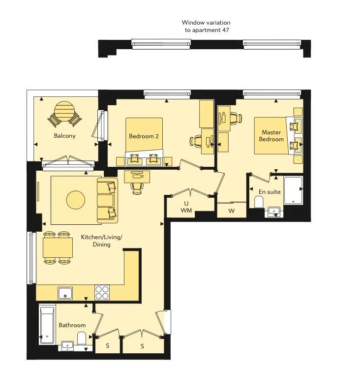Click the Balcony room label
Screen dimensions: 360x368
point(64,136)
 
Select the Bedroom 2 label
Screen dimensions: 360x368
point(144,136)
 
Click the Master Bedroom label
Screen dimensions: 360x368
point(271,136)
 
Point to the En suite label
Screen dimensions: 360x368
point(270,192)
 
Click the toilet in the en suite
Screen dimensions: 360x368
point(259,202)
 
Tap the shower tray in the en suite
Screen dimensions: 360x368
point(293,190)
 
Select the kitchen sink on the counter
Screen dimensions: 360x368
point(65,293)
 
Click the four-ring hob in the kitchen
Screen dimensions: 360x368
point(102,292)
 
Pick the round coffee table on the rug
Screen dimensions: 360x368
point(76,200)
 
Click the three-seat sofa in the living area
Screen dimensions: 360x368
point(108,200)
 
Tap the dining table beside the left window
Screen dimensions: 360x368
point(58,248)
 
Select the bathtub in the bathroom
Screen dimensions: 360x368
point(47,324)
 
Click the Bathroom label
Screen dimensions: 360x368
point(72,325)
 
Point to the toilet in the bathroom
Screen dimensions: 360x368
point(82,338)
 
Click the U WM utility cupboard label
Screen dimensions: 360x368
point(186,207)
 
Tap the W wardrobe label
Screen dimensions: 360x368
point(232,211)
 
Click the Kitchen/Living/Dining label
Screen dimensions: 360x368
point(102,241)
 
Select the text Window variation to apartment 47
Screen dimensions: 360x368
point(206,26)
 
